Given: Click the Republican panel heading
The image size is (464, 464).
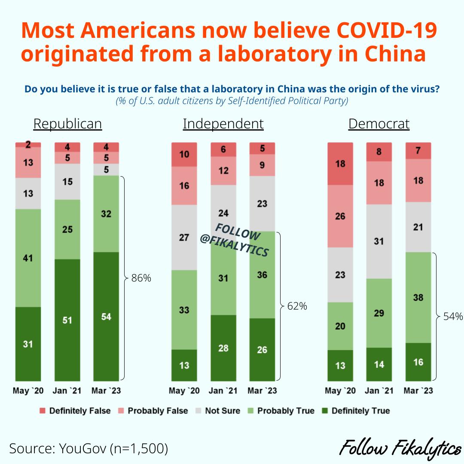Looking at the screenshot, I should click(67, 124).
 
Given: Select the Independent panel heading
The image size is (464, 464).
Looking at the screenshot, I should click(223, 124).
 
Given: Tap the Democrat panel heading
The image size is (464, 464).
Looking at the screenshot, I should click(379, 124).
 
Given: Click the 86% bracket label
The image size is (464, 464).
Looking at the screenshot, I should click(141, 278).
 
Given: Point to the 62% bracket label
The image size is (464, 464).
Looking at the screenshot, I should click(297, 306).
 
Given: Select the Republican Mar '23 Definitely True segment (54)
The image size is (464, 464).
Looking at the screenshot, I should click(107, 316).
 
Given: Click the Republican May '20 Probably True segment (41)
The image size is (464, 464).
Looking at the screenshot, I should click(28, 258).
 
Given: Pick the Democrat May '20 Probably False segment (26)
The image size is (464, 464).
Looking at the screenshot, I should click(340, 216).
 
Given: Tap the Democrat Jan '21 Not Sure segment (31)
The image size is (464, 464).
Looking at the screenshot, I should click(379, 241).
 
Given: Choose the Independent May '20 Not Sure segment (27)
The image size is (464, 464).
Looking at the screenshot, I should click(184, 237).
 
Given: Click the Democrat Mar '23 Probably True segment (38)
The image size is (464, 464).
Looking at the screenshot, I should click(418, 297).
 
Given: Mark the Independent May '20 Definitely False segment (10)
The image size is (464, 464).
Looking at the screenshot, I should click(184, 154).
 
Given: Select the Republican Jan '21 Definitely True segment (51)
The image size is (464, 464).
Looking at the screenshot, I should click(67, 320).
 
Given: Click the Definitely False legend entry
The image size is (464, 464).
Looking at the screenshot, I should click(75, 411).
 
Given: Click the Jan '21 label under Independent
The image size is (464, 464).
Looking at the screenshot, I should click(223, 391).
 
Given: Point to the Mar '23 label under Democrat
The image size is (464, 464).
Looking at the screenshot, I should click(418, 391).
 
